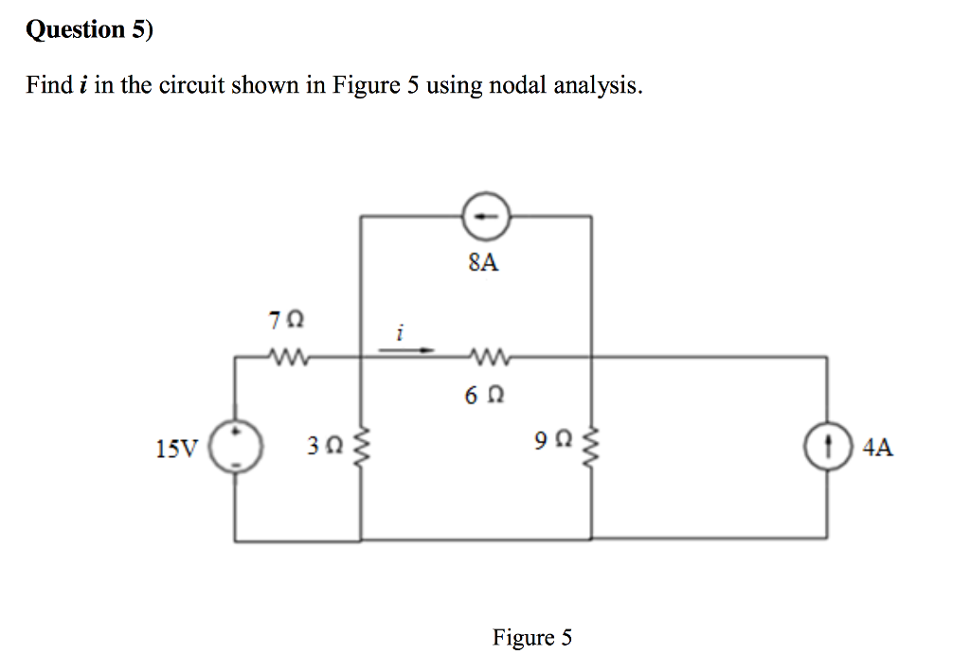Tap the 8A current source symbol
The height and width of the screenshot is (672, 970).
[x=484, y=217]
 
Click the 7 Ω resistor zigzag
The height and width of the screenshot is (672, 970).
[x=284, y=358]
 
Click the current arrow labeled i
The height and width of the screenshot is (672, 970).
[x=405, y=348]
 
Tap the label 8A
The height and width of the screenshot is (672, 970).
[x=483, y=264]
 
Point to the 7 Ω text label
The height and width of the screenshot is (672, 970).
[x=287, y=321]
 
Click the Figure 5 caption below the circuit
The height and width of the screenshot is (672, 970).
[x=531, y=637]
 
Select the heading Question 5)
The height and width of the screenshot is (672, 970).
[x=88, y=30]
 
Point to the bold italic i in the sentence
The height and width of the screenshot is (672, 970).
[x=84, y=85]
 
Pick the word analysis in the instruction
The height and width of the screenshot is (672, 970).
[x=599, y=86]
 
